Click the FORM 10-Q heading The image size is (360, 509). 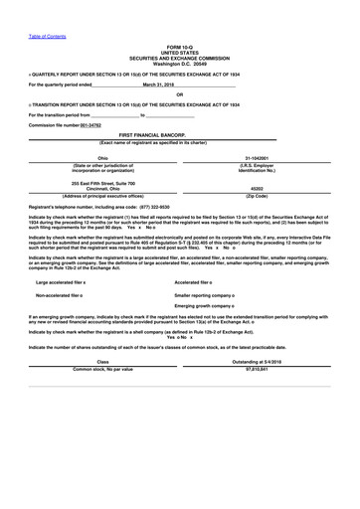[180, 47]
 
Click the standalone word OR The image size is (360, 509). [180, 94]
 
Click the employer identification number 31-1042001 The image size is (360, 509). [261, 157]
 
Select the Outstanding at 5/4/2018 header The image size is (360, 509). [261, 360]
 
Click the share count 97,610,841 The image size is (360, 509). [261, 368]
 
